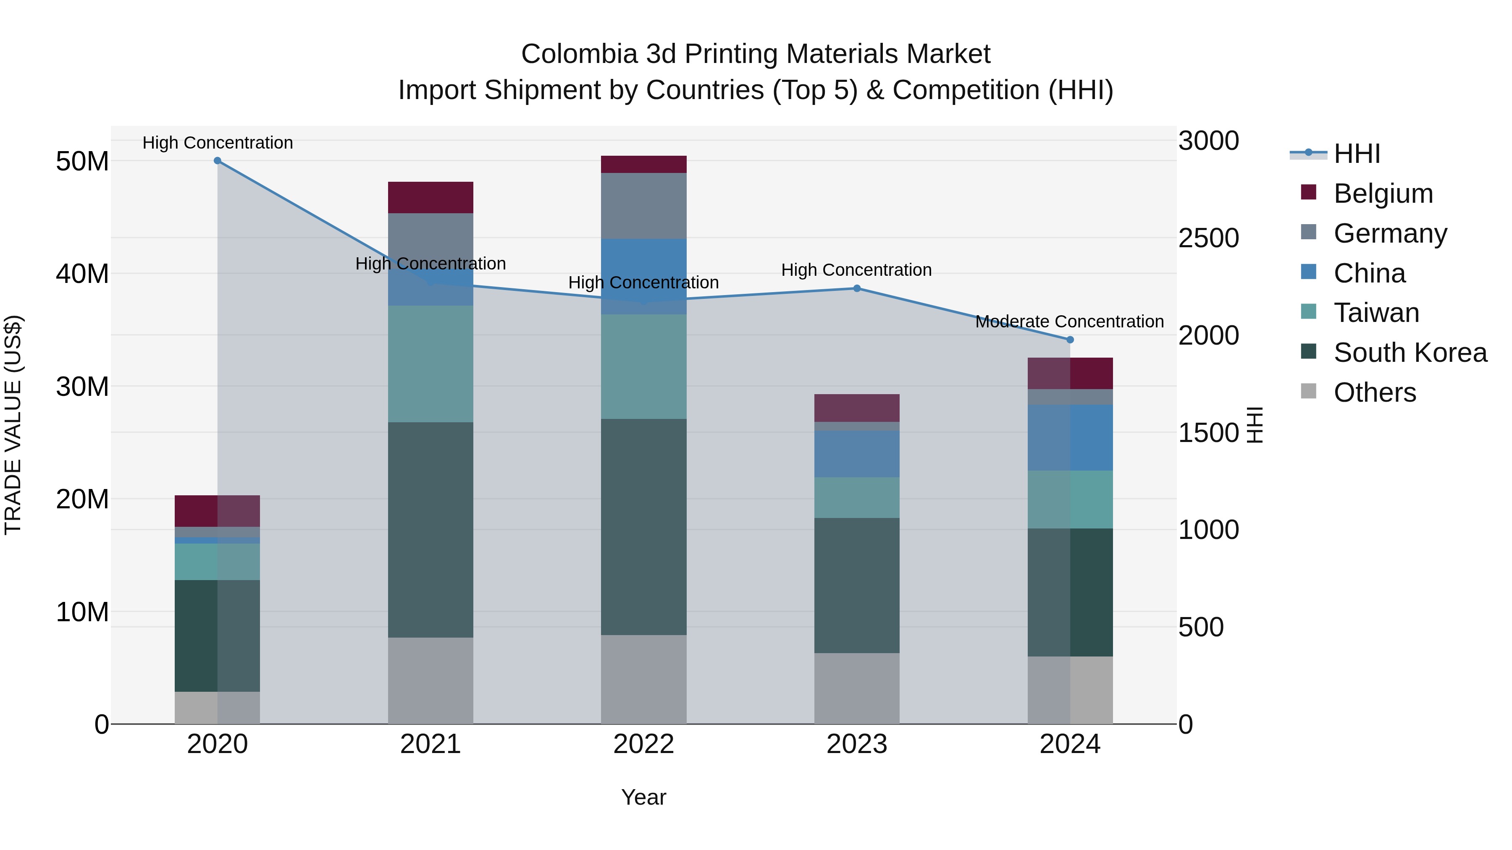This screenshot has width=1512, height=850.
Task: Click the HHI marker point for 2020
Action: tap(217, 161)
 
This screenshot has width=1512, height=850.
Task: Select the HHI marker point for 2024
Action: tap(1069, 340)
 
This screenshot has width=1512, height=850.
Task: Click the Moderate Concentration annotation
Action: tap(1069, 322)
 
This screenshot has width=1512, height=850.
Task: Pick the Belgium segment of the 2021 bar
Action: tap(430, 198)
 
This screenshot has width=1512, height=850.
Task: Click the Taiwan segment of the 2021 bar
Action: tap(430, 364)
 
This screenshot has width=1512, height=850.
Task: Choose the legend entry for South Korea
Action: tap(1410, 353)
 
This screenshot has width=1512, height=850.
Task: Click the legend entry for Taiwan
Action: tap(1376, 313)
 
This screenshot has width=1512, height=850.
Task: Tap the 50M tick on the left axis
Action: tap(82, 161)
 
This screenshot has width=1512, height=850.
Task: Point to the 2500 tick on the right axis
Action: tap(1208, 238)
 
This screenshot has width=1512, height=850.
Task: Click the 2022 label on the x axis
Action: tap(643, 744)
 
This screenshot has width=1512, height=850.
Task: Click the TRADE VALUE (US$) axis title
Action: tap(13, 425)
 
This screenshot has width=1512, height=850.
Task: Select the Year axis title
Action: tap(643, 797)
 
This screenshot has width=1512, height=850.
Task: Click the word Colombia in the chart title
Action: tap(579, 54)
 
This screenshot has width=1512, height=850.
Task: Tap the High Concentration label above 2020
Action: tap(217, 143)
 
